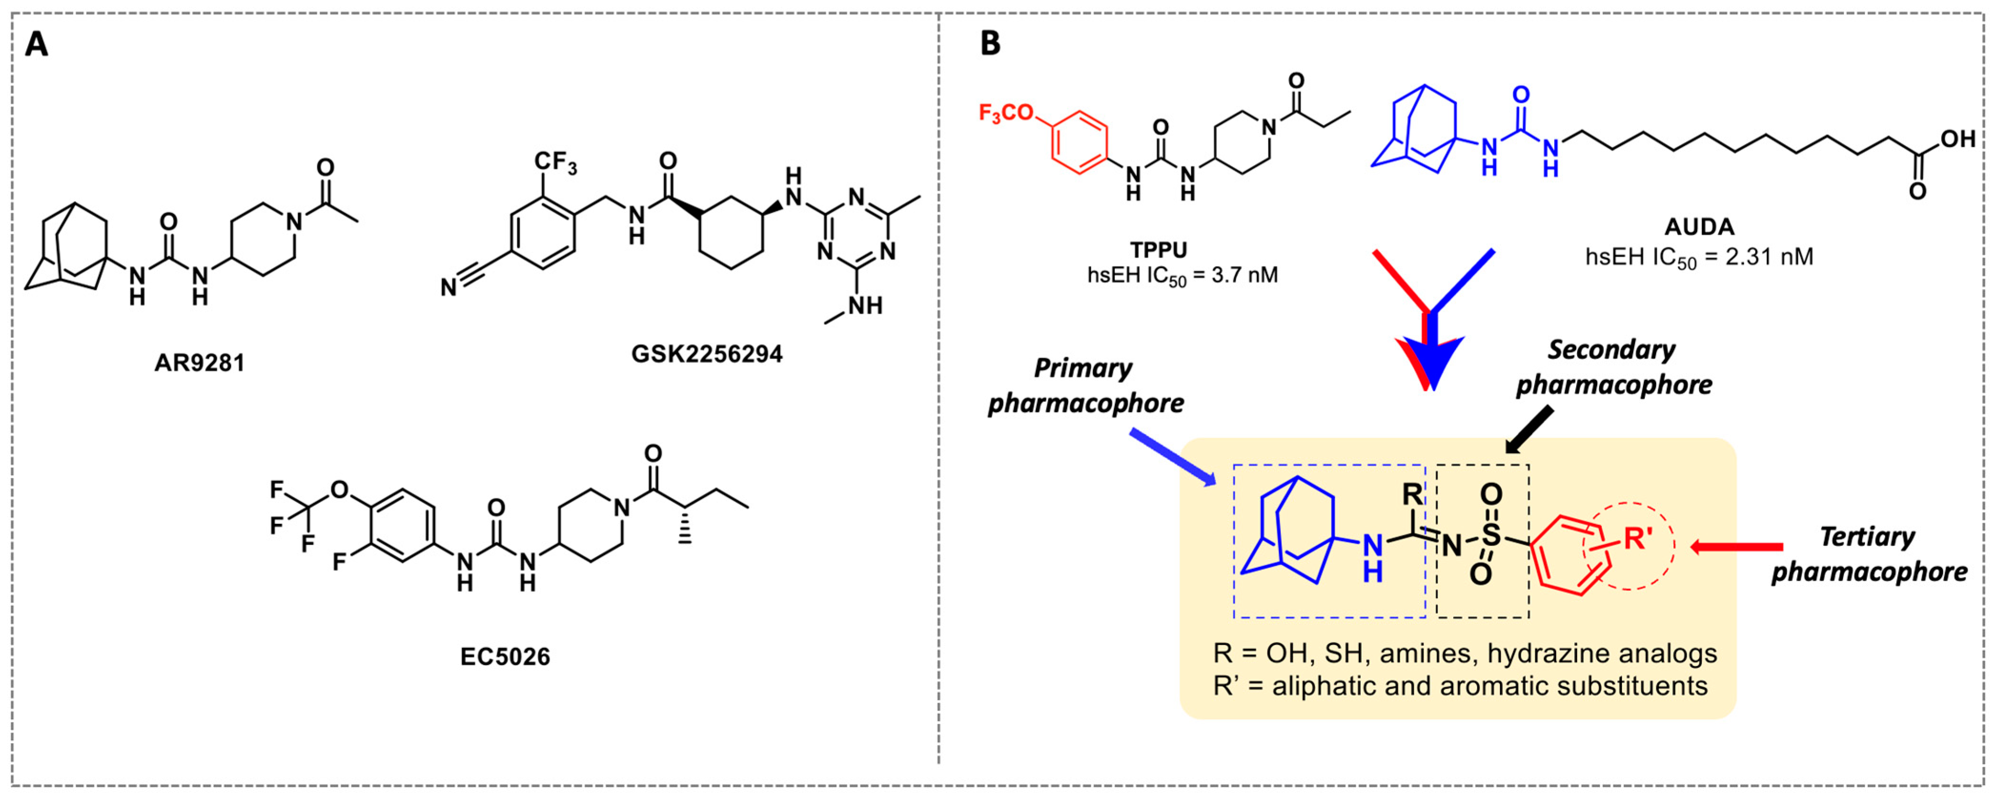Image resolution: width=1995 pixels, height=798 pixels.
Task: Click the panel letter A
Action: tap(36, 44)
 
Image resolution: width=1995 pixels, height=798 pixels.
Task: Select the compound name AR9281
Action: tap(199, 363)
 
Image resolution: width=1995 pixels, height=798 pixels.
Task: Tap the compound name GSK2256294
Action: tap(706, 354)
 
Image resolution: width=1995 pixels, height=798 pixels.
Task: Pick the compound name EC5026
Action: tap(505, 657)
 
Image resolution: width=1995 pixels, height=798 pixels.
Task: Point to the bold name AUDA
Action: tap(1699, 227)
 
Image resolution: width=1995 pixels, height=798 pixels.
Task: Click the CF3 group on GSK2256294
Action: tap(555, 164)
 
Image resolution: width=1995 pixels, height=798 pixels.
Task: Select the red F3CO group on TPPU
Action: tap(1006, 113)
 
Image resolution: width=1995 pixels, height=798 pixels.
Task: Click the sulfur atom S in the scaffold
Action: tap(1491, 534)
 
